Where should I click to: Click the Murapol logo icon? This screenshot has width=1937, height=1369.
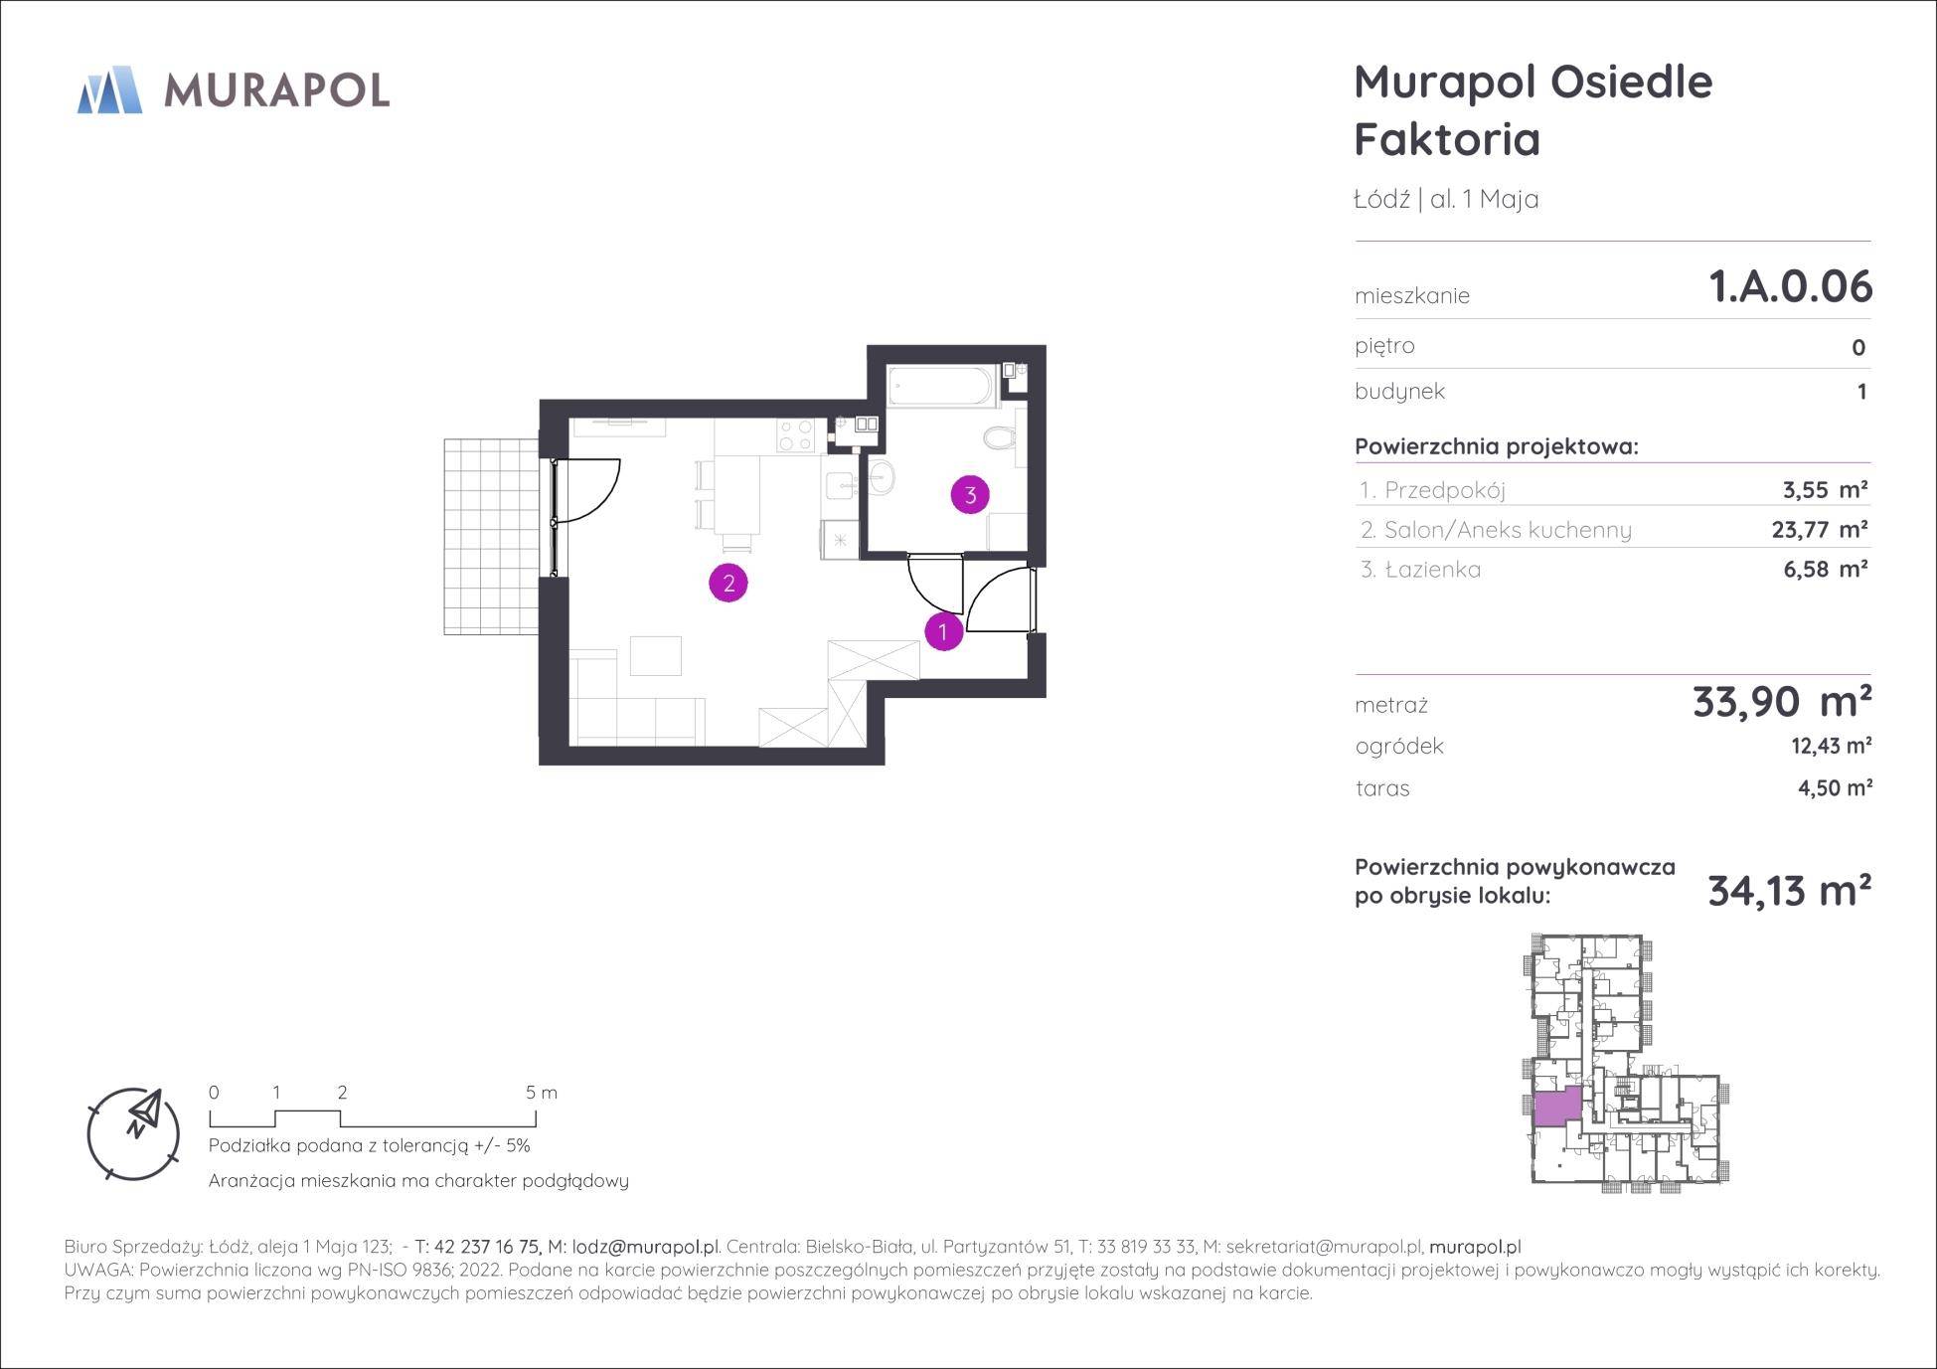click(109, 89)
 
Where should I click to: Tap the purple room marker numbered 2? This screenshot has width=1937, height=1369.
click(728, 584)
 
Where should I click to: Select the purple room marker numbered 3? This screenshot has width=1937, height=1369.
click(970, 494)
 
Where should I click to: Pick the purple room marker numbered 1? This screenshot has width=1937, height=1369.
click(943, 631)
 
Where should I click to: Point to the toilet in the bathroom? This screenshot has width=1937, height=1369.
click(1000, 437)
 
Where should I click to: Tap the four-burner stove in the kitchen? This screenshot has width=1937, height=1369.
click(795, 434)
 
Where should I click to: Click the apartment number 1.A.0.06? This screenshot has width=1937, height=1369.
click(1790, 286)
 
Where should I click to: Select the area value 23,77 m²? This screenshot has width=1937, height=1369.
click(1820, 529)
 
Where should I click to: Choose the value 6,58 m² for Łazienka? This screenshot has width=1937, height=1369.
click(1826, 569)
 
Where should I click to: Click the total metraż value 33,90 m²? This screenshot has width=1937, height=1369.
click(1782, 702)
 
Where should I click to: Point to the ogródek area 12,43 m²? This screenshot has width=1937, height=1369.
click(1832, 746)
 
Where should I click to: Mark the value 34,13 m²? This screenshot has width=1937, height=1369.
click(1789, 891)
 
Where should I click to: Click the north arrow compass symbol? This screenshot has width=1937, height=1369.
click(134, 1133)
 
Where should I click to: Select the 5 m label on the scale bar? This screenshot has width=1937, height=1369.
click(542, 1093)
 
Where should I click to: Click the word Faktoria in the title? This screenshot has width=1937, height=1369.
click(1447, 139)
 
